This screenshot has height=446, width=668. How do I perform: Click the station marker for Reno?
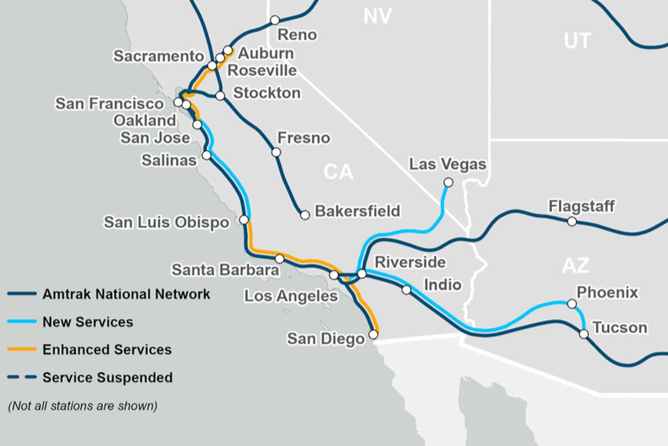(x=275, y=20)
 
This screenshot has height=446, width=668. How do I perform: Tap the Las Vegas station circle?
(x=448, y=182)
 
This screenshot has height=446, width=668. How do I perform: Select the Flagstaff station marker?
(x=572, y=221)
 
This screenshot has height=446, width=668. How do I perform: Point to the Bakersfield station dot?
(x=305, y=215)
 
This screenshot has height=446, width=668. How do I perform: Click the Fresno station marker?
(x=276, y=152)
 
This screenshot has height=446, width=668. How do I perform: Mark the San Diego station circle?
(x=373, y=334)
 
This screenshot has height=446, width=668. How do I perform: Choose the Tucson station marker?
(x=584, y=334)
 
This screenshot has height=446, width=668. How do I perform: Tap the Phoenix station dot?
(x=572, y=304)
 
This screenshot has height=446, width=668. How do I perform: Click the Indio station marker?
(x=406, y=290)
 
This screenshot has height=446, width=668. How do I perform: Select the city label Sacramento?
(x=159, y=56)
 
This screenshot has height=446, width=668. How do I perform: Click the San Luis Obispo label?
(x=166, y=222)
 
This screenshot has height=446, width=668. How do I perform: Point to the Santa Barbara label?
(x=225, y=270)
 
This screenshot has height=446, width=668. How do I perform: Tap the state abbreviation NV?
(x=377, y=16)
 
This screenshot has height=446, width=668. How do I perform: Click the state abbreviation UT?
(x=577, y=41)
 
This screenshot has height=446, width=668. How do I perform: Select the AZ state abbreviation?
(x=576, y=266)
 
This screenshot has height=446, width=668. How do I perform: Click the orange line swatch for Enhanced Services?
(x=22, y=349)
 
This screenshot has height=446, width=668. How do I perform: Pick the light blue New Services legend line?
(x=22, y=322)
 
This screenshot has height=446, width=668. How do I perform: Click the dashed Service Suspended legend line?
(x=22, y=377)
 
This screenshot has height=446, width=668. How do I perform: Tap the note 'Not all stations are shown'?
(x=82, y=406)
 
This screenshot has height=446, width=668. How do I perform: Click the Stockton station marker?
(x=220, y=95)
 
